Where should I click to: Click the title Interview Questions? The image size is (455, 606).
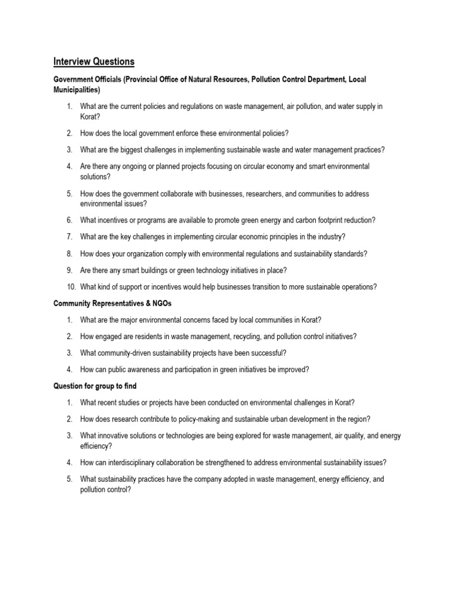(94, 62)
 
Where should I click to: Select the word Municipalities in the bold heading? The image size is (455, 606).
(76, 90)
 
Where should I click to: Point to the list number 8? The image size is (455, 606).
(69, 254)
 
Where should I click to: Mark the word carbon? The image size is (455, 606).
(294, 220)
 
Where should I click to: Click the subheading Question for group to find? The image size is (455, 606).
(95, 386)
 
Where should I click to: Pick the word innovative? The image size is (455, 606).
(115, 436)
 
